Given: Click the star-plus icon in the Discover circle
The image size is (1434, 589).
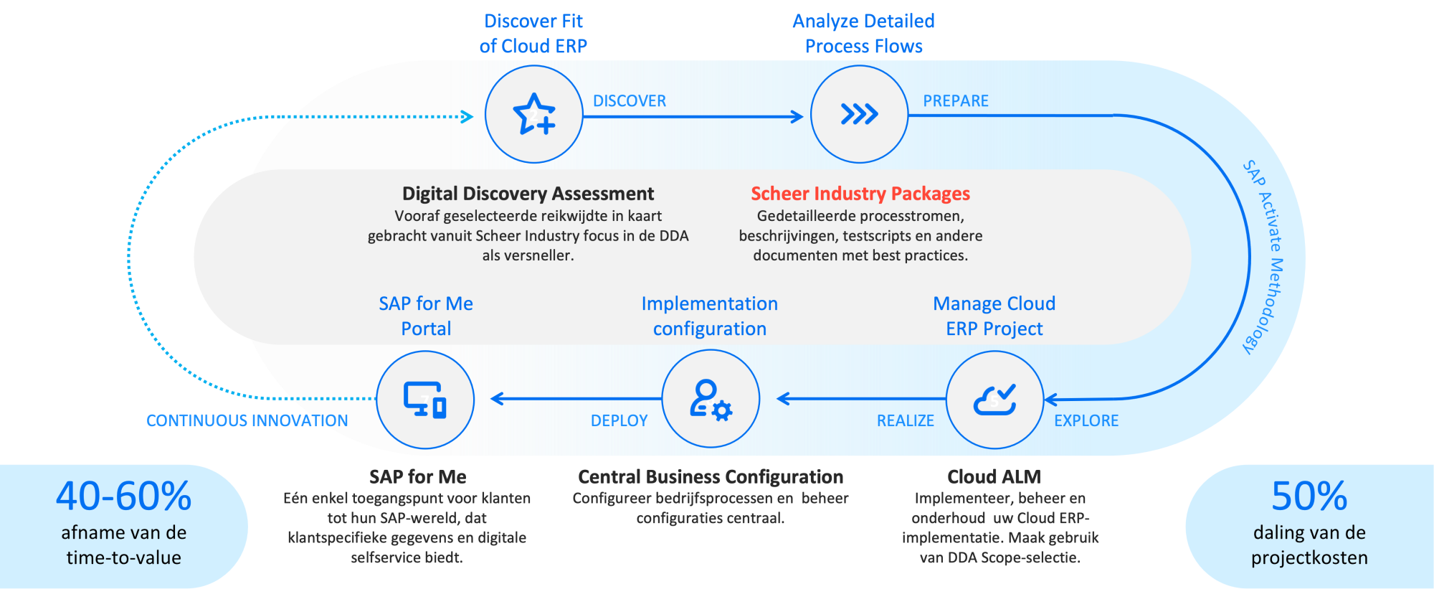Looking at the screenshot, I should click(x=534, y=114).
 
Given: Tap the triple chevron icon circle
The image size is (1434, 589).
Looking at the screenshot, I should click(x=859, y=114).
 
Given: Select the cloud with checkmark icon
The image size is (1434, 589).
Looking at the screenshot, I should click(x=995, y=400).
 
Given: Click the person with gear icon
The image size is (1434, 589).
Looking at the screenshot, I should click(x=710, y=400).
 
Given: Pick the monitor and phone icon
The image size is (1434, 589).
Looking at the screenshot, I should click(x=425, y=400).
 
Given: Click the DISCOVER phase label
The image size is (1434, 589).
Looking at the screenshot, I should click(x=629, y=101).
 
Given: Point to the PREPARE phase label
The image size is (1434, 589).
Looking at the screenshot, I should click(x=955, y=101).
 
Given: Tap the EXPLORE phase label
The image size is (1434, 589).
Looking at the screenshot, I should click(x=1086, y=421).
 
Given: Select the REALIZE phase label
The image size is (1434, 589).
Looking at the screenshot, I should click(x=905, y=421).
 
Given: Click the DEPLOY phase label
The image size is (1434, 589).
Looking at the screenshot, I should click(x=619, y=421).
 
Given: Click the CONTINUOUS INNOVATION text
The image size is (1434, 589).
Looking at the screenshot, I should click(x=247, y=421).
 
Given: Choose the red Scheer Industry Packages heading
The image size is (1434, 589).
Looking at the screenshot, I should click(x=860, y=194).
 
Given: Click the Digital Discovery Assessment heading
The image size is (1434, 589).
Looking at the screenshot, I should click(x=528, y=194).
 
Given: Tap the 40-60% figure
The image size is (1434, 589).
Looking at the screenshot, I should click(x=123, y=496).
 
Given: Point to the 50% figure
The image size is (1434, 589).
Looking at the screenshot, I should click(x=1309, y=496).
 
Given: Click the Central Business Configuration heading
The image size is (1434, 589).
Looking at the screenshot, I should click(x=710, y=477).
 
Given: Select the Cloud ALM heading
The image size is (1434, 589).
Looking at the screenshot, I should click(x=994, y=477).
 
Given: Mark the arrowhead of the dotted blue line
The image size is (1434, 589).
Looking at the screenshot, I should click(x=467, y=116).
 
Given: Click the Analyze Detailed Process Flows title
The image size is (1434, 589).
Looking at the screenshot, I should click(x=863, y=34).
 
